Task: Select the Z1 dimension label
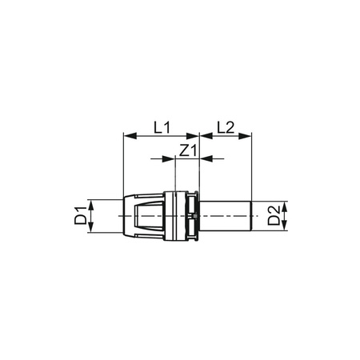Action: [187, 150]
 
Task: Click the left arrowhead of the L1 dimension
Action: [126, 136]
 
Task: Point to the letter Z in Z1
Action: [183, 150]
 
